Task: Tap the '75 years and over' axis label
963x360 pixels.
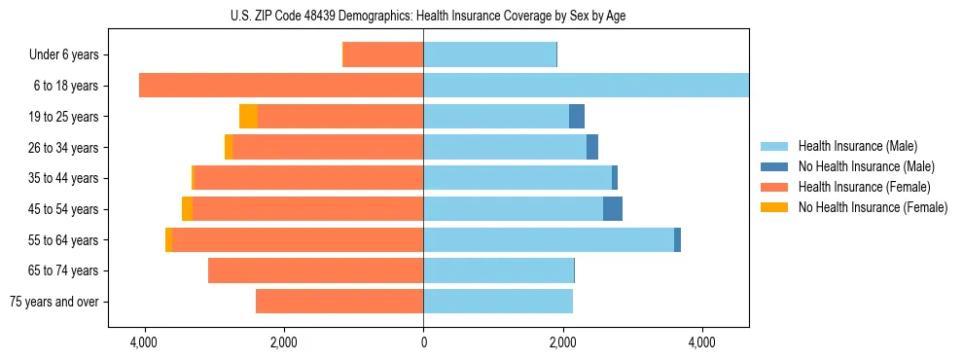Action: coord(54,302)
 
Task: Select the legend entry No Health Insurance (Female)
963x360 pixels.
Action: coord(872,207)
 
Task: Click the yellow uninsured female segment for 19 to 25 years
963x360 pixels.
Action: coord(248,117)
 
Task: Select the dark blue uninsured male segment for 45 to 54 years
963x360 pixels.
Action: coord(613,209)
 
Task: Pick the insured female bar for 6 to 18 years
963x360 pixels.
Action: coord(281,86)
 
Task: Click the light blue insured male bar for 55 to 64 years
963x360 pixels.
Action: coord(549,240)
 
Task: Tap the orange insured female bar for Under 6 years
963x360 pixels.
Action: coord(383,55)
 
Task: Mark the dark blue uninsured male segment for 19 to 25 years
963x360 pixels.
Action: coord(577,117)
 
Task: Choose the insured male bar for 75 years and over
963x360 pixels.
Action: coord(498,302)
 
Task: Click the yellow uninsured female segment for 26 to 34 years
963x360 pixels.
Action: coord(229,148)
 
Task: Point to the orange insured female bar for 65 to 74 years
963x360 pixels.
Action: coord(316,270)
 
